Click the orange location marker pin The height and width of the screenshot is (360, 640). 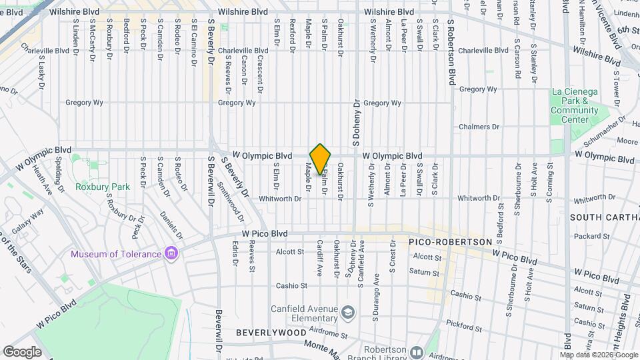320,159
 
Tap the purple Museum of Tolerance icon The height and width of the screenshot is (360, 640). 171,253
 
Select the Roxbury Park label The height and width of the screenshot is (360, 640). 103,187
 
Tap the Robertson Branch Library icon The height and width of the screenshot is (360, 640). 417,351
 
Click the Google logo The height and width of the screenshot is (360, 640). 22,351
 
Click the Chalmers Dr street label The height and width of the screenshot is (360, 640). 475,127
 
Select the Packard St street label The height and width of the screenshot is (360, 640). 587,236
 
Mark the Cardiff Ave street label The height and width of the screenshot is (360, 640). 320,259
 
